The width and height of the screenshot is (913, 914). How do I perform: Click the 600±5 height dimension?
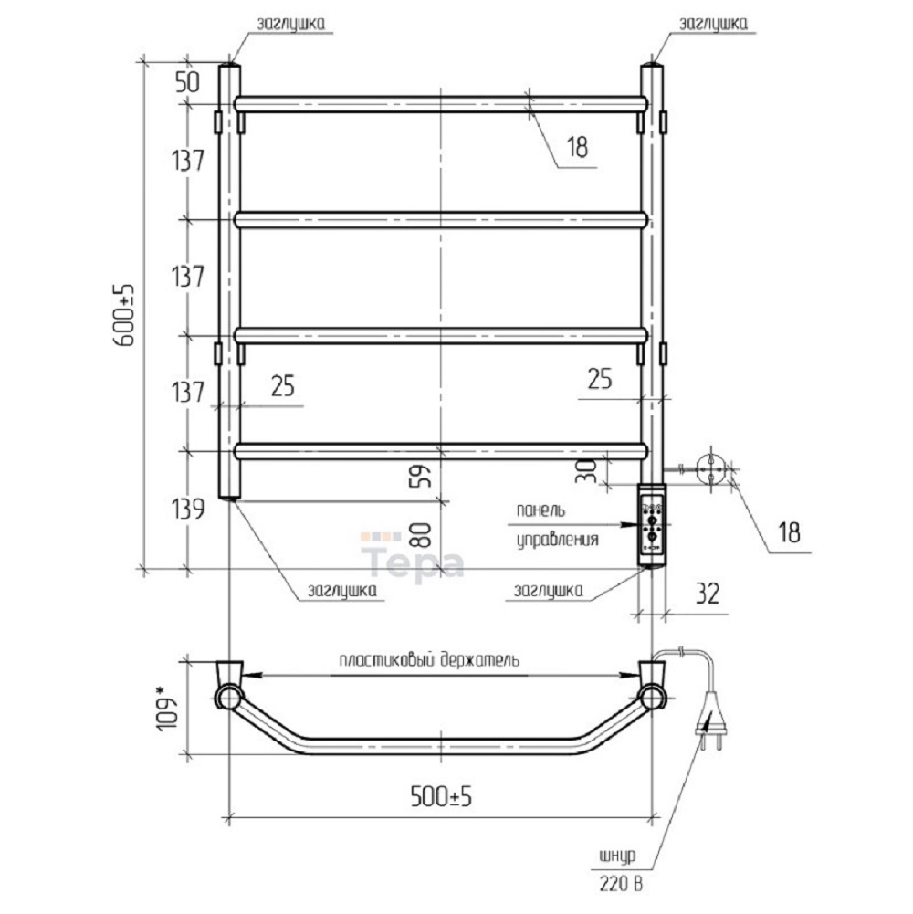pyautogui.click(x=124, y=315)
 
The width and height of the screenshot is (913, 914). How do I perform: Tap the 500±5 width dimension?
pyautogui.click(x=441, y=795)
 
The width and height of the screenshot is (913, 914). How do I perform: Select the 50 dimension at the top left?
pyautogui.click(x=187, y=82)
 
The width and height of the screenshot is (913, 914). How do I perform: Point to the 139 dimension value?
pyautogui.click(x=188, y=509)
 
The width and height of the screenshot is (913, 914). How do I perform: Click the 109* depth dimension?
pyautogui.click(x=166, y=709)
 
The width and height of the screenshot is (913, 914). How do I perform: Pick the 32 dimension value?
pyautogui.click(x=708, y=594)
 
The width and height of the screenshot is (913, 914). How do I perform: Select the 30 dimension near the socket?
pyautogui.click(x=586, y=471)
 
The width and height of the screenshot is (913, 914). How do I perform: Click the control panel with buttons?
pyautogui.click(x=652, y=523)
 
